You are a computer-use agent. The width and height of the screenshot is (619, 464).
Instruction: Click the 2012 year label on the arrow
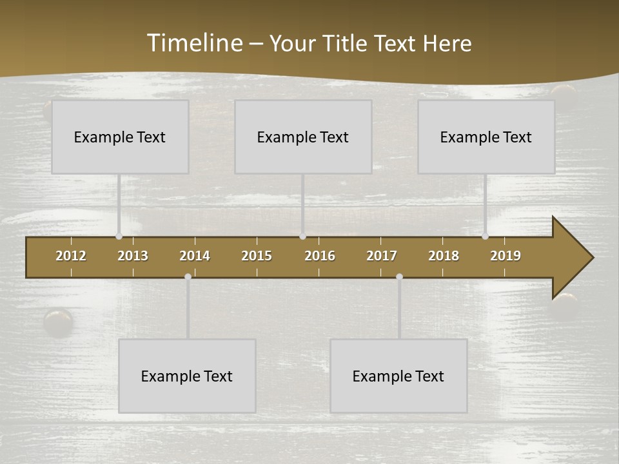point(71,256)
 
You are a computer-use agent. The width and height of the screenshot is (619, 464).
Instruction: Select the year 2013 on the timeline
point(133,256)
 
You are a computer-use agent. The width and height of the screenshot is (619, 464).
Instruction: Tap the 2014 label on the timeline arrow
point(195,256)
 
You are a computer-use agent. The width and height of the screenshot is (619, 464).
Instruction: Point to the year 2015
point(257,256)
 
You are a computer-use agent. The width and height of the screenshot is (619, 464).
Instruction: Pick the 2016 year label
point(320,256)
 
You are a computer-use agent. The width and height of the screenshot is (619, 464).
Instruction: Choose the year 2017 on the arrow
point(382,256)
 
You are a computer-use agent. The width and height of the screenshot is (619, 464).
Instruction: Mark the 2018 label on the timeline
point(444,256)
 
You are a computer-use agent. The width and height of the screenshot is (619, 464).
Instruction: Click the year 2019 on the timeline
point(506,256)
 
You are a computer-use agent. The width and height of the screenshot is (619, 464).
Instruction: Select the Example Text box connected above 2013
point(120,137)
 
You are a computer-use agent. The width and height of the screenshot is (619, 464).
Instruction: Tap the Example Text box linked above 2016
point(303,137)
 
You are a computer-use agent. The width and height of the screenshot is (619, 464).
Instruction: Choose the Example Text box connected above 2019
point(486,137)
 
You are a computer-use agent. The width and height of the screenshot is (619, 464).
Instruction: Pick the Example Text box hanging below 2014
point(187,376)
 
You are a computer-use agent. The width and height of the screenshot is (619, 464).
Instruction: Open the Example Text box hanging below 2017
point(398,376)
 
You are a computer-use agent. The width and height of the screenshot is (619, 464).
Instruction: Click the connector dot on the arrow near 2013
point(119,237)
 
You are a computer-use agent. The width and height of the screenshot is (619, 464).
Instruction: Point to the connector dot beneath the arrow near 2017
point(399,277)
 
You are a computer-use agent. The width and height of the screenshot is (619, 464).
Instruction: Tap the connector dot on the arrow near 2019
point(485,237)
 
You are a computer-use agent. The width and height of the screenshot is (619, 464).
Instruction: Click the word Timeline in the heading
point(194,43)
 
